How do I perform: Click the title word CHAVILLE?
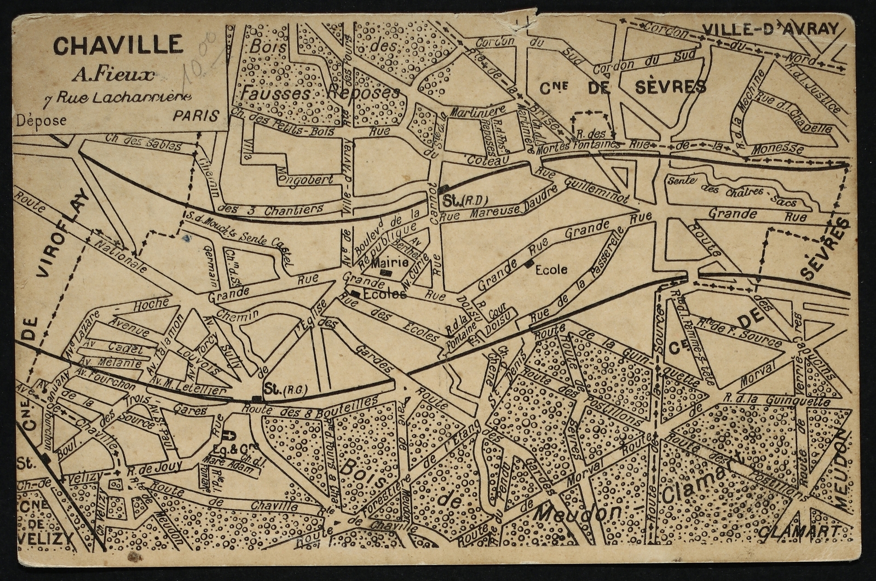[x=118, y=45]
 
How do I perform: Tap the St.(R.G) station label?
[x=285, y=388]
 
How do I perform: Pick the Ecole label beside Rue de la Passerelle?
[x=551, y=269]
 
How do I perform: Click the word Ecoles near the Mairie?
[x=385, y=294]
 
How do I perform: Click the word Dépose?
[x=41, y=120]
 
